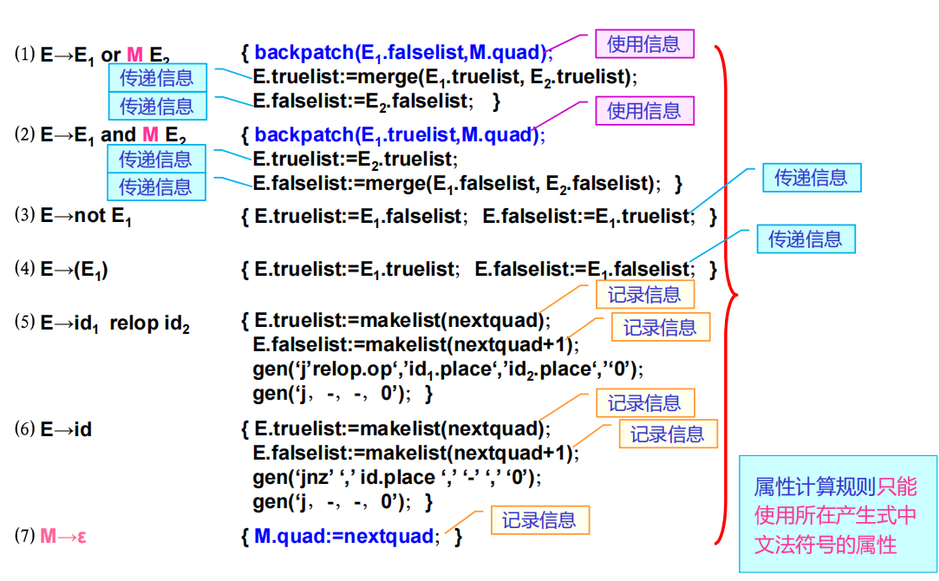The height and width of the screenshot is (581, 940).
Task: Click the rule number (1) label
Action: [x=24, y=55]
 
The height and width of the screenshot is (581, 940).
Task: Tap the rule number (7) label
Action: [x=24, y=535]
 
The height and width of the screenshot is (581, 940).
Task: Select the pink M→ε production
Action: [x=63, y=536]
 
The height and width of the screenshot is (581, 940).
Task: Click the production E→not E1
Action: [x=86, y=216]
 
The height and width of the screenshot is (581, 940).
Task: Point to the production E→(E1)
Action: [x=75, y=270]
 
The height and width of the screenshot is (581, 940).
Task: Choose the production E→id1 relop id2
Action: [x=115, y=324]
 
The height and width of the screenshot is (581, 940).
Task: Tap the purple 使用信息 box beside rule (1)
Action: [x=643, y=43]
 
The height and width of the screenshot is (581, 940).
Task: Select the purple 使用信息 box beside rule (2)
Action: [x=643, y=110]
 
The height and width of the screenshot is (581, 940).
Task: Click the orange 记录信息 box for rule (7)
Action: [x=539, y=520]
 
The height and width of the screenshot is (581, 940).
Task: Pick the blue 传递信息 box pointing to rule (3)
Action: [x=811, y=178]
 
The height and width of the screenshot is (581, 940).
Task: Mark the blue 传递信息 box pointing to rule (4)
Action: [x=806, y=238]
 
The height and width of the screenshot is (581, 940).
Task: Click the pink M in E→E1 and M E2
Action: [x=150, y=134]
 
